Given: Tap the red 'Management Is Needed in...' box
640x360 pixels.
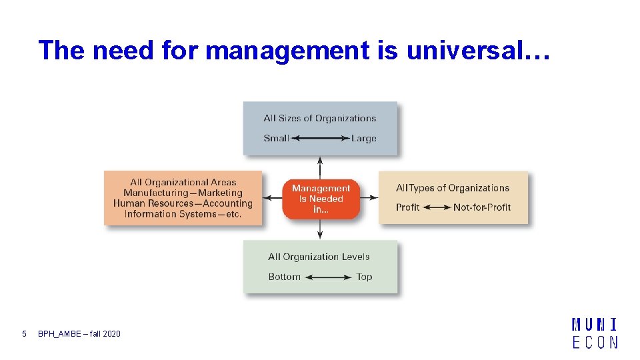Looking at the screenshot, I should [321, 199].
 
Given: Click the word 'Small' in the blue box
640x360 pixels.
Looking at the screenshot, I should [276, 139].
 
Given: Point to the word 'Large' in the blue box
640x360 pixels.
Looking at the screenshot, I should [364, 139].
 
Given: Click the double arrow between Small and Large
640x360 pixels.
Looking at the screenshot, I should [320, 139].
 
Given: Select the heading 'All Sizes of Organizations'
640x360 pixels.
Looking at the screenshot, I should [320, 119].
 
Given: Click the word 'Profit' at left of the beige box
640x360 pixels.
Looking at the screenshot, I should [407, 207].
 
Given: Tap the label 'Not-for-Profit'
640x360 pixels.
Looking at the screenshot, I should [482, 207].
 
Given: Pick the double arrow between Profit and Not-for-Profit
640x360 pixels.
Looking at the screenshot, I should [437, 207].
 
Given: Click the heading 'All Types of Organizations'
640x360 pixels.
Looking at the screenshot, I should [453, 188].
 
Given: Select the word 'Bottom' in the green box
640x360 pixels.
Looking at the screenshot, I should [285, 277].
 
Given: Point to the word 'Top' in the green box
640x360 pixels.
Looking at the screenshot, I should [364, 277].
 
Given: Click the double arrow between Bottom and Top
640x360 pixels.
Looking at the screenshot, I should [329, 277].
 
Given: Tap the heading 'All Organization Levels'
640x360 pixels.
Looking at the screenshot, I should [319, 257].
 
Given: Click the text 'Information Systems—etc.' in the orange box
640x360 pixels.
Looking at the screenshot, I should [183, 214].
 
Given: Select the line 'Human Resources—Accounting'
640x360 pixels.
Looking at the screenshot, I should [183, 203].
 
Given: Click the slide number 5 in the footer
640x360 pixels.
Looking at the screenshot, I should [24, 333].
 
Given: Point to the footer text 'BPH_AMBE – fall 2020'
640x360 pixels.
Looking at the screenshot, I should [79, 333].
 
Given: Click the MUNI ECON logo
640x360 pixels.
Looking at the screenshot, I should [595, 333].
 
